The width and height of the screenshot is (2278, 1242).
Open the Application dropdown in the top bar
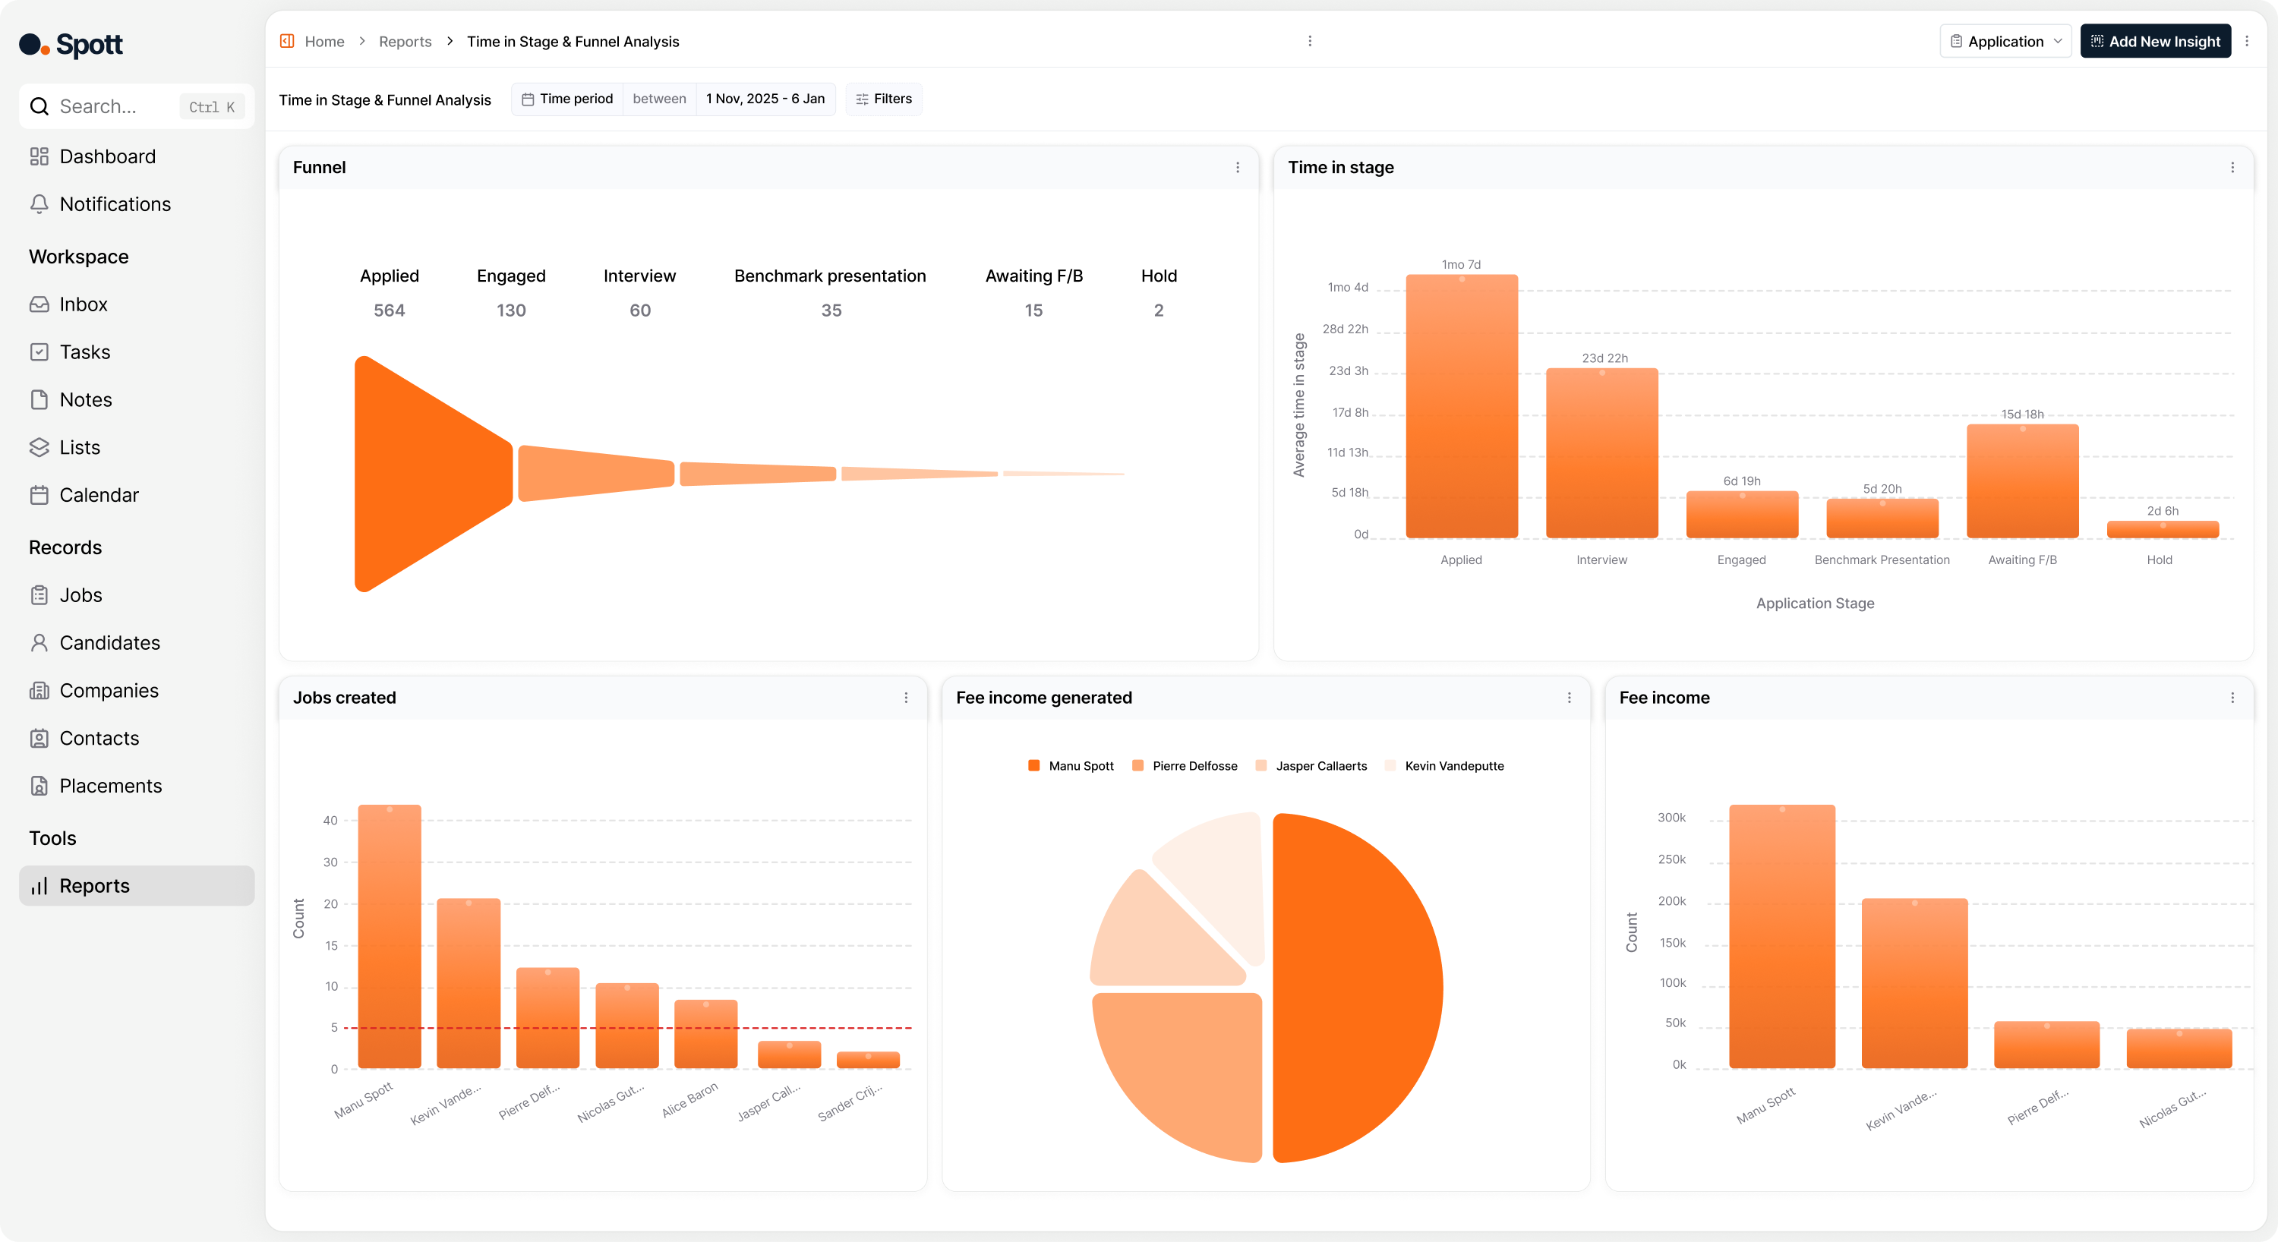(2005, 42)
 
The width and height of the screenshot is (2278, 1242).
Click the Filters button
(883, 99)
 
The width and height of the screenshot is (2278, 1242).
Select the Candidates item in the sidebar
(109, 643)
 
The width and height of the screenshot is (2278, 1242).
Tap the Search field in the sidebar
(115, 106)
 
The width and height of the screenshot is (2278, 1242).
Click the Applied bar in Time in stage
(1461, 407)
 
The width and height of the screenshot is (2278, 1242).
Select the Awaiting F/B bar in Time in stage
(2021, 482)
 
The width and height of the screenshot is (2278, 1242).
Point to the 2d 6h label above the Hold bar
(2162, 511)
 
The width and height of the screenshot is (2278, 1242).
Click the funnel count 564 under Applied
(389, 310)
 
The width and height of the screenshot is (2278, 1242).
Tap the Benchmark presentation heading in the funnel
(829, 276)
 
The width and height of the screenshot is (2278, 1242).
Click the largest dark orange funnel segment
(424, 474)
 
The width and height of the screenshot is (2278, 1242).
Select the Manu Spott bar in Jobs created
(389, 937)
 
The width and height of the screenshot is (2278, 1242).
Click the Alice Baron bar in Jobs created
(705, 1034)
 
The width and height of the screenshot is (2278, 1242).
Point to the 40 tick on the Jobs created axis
(330, 821)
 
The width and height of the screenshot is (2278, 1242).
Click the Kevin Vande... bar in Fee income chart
(1914, 983)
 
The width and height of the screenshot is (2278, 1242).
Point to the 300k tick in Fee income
(1671, 818)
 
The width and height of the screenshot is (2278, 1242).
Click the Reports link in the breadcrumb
(405, 42)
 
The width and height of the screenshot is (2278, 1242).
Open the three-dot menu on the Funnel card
(1237, 168)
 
